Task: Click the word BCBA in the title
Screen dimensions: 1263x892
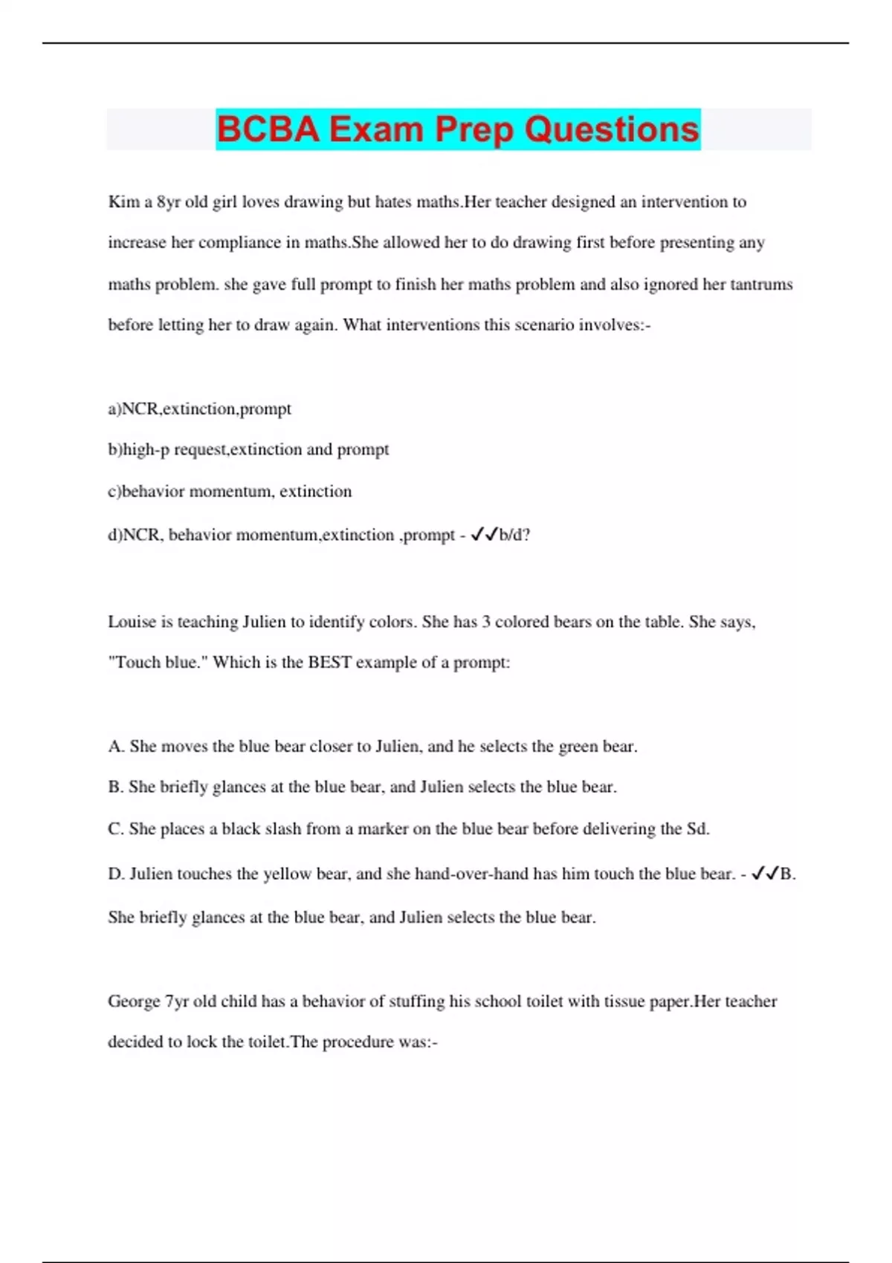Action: tap(269, 129)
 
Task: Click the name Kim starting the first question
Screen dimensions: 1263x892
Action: tap(123, 202)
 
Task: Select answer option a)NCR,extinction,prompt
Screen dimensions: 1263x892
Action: tap(199, 409)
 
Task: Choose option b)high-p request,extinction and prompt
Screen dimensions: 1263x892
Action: tap(248, 449)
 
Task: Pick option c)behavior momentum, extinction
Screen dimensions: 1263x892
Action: tap(230, 491)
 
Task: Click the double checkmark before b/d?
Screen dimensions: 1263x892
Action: tap(484, 534)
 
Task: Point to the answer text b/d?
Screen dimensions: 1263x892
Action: tap(514, 535)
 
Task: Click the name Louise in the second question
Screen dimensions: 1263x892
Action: tap(132, 622)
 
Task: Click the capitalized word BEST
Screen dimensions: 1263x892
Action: tap(329, 663)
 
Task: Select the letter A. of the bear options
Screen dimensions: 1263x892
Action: tap(116, 747)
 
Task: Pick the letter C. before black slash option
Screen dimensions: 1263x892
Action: tap(116, 829)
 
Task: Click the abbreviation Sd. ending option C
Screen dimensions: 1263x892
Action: tap(697, 829)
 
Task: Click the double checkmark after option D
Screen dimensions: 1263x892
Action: tap(764, 874)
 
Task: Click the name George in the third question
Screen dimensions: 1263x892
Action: tap(133, 1001)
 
